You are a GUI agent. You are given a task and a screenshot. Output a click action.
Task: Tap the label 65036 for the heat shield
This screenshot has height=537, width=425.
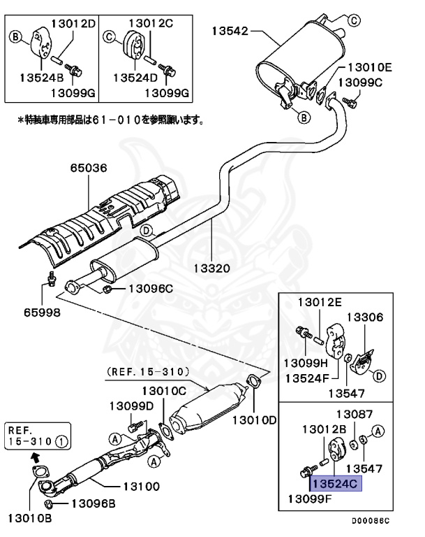pyautogui.click(x=87, y=168)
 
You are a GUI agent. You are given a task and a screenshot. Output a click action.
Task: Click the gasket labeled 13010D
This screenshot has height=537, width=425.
pyautogui.click(x=253, y=382)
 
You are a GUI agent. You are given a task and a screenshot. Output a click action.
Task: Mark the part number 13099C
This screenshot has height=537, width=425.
pyautogui.click(x=360, y=82)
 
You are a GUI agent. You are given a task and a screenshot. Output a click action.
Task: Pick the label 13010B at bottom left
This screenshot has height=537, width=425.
pyautogui.click(x=29, y=518)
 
